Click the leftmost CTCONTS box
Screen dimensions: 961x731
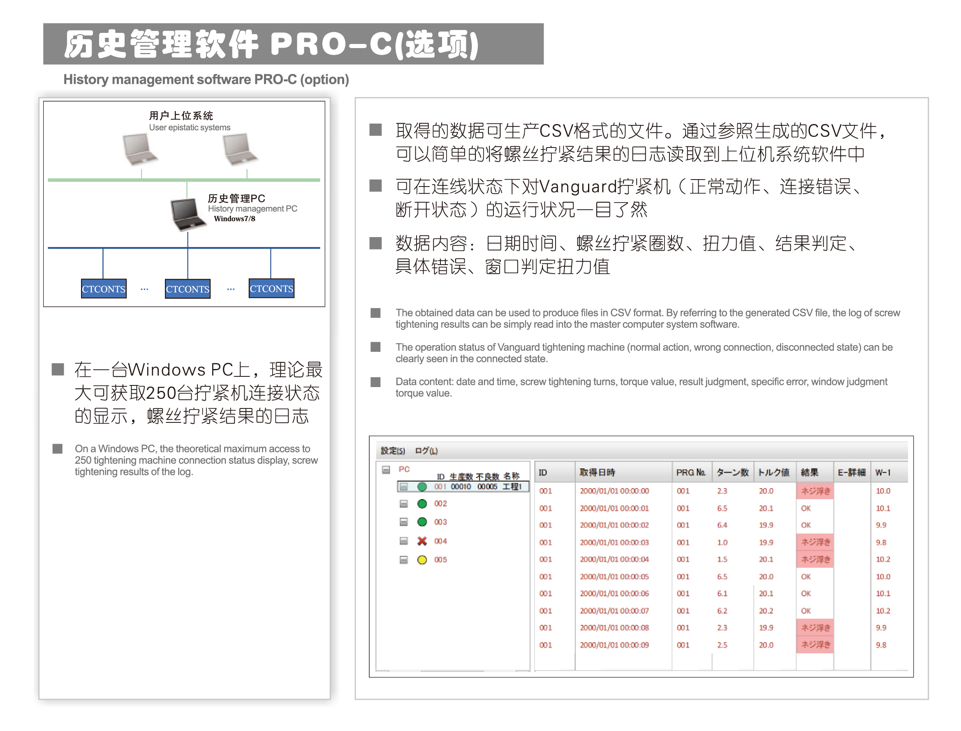(x=104, y=288)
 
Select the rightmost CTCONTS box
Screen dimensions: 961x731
(x=271, y=288)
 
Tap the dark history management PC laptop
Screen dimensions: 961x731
(x=188, y=214)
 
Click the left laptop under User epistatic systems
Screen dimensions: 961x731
(x=140, y=149)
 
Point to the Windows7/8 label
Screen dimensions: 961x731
(x=234, y=219)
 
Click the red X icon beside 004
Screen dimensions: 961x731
(x=421, y=541)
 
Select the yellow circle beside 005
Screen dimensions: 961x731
(x=421, y=560)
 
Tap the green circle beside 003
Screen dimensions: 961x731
(x=421, y=522)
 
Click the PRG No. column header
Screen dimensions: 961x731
(x=690, y=473)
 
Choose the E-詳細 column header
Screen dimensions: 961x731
(x=851, y=473)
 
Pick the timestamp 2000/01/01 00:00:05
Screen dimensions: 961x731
(x=614, y=576)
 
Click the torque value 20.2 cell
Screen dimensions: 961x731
(x=766, y=611)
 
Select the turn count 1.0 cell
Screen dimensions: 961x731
(x=722, y=542)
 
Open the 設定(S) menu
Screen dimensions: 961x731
(x=392, y=451)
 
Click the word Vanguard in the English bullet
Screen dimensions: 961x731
(x=518, y=347)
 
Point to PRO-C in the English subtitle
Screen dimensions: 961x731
(x=275, y=80)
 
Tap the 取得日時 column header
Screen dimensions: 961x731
(x=597, y=473)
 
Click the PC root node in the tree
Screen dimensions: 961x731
(x=404, y=469)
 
